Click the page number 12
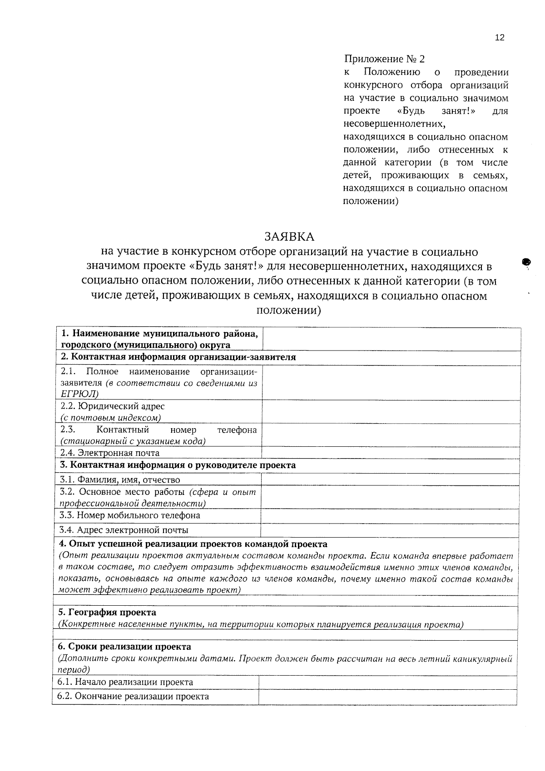coord(499,38)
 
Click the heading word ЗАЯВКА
coord(289,237)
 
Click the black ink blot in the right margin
coord(526,262)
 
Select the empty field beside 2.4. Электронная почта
coord(391,452)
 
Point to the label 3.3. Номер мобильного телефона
coord(130,515)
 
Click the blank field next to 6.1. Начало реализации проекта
coord(387,682)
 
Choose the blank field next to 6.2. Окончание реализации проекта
coord(387,697)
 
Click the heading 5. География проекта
coord(107,613)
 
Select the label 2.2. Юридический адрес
coord(113,406)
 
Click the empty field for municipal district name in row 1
coord(391,339)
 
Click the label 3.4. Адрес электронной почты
coord(124,530)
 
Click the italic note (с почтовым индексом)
coord(111,418)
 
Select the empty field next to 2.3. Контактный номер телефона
coord(391,435)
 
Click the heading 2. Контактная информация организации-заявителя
coord(178,357)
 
